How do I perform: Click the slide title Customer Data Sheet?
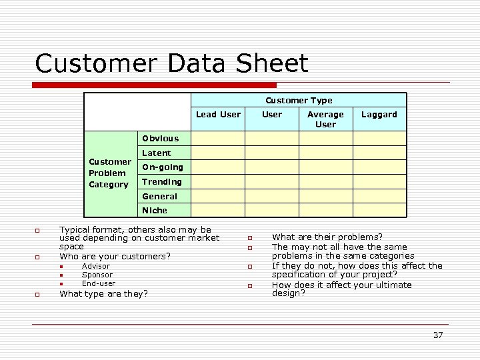click(x=171, y=64)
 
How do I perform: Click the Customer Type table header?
click(x=299, y=101)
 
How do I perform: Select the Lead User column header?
click(x=218, y=115)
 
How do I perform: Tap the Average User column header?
click(x=325, y=119)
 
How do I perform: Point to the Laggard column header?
click(x=379, y=115)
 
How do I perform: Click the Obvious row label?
click(x=160, y=139)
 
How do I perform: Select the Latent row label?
click(x=157, y=153)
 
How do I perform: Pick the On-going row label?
click(x=162, y=167)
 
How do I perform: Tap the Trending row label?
click(x=161, y=182)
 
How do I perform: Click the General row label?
click(x=159, y=197)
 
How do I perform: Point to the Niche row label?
click(x=155, y=211)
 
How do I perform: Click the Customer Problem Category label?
click(x=109, y=173)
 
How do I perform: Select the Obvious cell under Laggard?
click(x=379, y=139)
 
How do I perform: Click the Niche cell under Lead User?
click(x=218, y=211)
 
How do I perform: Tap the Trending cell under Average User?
click(x=325, y=182)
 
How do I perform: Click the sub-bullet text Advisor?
click(x=96, y=266)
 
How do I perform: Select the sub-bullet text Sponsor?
click(x=97, y=275)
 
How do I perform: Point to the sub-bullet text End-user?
click(x=99, y=283)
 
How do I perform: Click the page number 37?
click(x=437, y=335)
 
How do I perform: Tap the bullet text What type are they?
click(x=104, y=293)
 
